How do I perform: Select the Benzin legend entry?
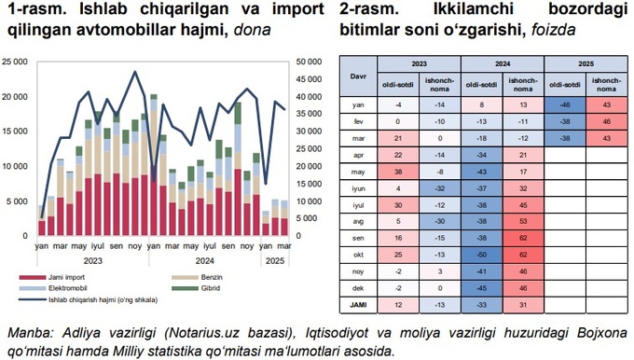pyautogui.click(x=206, y=277)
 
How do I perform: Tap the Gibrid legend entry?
pyautogui.click(x=204, y=288)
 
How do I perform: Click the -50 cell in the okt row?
pyautogui.click(x=481, y=253)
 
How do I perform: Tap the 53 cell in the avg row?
pyautogui.click(x=523, y=220)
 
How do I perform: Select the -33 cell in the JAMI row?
pyautogui.click(x=481, y=305)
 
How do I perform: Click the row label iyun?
pyautogui.click(x=358, y=188)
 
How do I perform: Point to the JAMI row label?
pyautogui.click(x=358, y=305)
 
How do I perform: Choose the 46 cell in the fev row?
pyautogui.click(x=606, y=122)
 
